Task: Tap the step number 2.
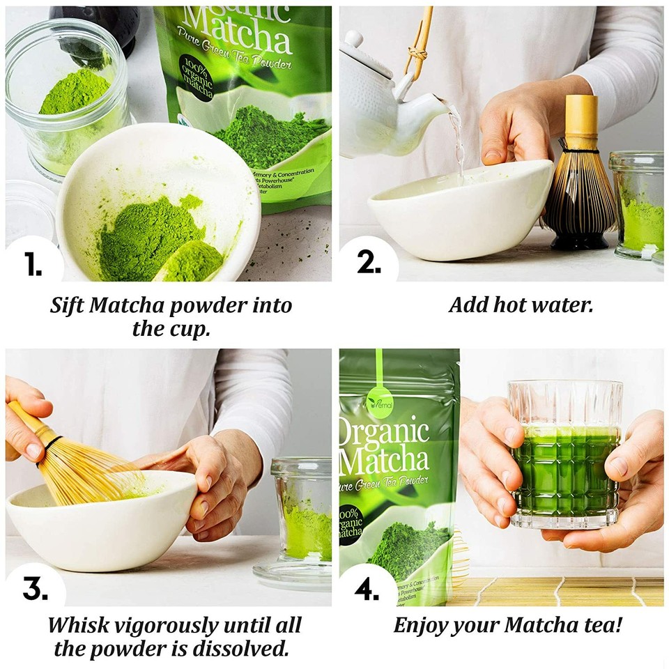(369, 261)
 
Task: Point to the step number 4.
(367, 589)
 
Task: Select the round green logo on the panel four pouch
(378, 403)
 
